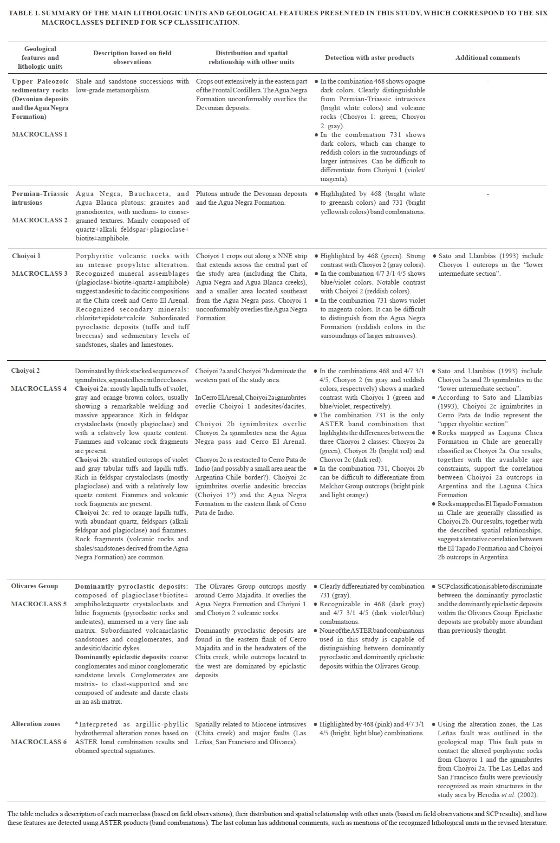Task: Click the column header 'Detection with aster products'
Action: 369,58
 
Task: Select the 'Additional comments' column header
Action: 488,58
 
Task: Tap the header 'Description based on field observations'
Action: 132,58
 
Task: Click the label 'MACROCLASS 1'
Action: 39,134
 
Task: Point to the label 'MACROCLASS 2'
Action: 39,220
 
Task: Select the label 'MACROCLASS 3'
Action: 39,273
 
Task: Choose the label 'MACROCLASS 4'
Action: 39,389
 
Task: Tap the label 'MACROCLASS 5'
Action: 39,604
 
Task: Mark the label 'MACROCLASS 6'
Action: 39,742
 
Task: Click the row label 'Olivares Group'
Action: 34,586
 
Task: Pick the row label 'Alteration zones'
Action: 36,724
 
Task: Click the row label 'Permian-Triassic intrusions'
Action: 40,198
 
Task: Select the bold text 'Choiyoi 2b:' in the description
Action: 91,460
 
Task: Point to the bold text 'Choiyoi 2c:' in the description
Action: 91,512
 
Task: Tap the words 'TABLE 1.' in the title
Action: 24,13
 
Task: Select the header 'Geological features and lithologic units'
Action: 40,58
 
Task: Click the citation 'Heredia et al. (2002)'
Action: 505,795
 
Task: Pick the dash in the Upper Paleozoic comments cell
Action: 488,82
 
